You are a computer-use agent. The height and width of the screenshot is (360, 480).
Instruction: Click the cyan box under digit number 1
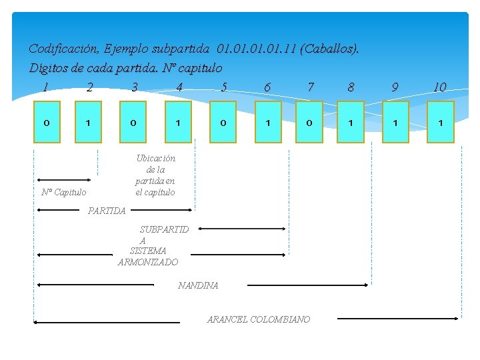pyautogui.click(x=47, y=122)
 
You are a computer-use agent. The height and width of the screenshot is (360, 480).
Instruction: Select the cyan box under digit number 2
pyautogui.click(x=88, y=122)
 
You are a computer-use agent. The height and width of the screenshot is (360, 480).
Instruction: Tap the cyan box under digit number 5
pyautogui.click(x=223, y=122)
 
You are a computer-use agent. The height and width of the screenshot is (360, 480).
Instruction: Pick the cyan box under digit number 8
pyautogui.click(x=351, y=122)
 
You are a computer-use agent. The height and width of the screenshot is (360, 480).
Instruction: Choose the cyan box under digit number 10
pyautogui.click(x=441, y=122)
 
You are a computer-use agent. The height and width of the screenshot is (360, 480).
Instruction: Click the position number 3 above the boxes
pyautogui.click(x=135, y=87)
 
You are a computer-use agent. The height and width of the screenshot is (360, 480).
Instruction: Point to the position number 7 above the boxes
pyautogui.click(x=310, y=87)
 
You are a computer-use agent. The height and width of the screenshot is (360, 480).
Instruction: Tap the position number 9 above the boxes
pyautogui.click(x=395, y=87)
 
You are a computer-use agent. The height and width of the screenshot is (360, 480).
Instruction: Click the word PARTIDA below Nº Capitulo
pyautogui.click(x=107, y=211)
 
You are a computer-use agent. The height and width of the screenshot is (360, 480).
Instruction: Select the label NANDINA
pyautogui.click(x=198, y=285)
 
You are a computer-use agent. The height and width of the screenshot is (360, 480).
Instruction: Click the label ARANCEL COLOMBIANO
pyautogui.click(x=259, y=319)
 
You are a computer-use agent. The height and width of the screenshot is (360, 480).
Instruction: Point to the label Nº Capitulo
pyautogui.click(x=63, y=192)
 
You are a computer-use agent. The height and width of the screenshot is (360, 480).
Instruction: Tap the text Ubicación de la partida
pyautogui.click(x=155, y=175)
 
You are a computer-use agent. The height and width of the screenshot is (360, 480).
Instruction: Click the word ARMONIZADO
pyautogui.click(x=148, y=262)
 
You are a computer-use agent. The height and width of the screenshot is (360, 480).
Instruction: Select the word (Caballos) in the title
pyautogui.click(x=329, y=49)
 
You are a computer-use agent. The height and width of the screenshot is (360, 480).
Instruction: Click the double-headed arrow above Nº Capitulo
pyautogui.click(x=64, y=180)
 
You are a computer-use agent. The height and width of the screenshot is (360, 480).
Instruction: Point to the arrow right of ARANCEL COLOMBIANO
pyautogui.click(x=397, y=319)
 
